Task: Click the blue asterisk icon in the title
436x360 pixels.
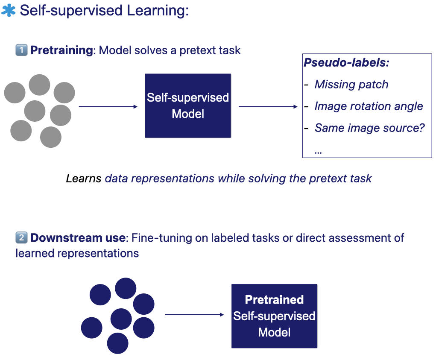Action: click(9, 10)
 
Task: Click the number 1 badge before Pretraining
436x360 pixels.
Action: click(21, 50)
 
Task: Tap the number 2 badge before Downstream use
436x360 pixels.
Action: click(21, 237)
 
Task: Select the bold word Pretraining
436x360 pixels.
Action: click(61, 50)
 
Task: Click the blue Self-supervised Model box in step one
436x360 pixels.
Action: click(188, 105)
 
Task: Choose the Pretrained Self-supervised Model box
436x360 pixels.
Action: click(274, 316)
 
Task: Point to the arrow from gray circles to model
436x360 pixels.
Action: click(108, 107)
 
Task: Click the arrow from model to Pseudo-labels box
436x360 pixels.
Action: click(268, 107)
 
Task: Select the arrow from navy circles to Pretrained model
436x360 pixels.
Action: click(194, 315)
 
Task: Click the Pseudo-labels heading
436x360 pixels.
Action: click(346, 63)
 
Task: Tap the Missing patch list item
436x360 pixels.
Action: click(351, 85)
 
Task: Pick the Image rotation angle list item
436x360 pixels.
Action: click(369, 106)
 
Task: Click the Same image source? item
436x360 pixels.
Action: click(369, 127)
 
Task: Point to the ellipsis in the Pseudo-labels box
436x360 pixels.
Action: click(318, 150)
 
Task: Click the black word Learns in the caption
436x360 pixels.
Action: click(83, 178)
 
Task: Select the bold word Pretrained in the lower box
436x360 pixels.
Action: click(274, 300)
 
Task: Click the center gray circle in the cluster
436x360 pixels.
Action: click(35, 111)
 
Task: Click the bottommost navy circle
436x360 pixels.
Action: click(118, 343)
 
